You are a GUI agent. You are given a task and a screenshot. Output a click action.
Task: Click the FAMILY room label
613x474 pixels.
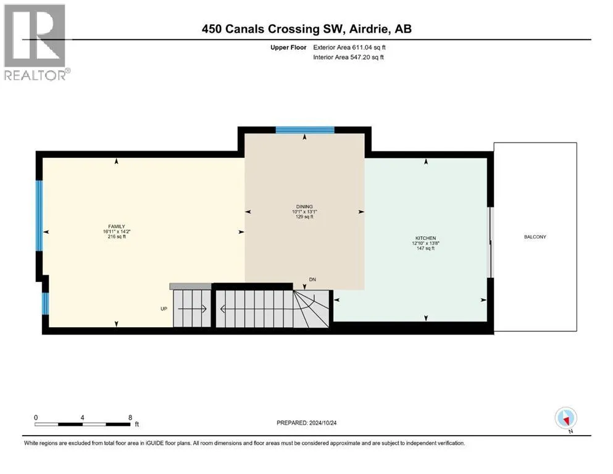click(117, 227)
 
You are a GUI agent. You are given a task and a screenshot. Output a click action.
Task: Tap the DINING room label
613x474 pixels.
click(304, 206)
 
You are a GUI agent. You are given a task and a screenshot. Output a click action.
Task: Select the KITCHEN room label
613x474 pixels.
click(426, 238)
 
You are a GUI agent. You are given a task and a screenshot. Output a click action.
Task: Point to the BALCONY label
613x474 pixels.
click(535, 237)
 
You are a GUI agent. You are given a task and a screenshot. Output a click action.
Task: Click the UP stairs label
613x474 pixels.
click(164, 309)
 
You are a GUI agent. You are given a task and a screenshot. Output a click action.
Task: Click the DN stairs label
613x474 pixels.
click(312, 280)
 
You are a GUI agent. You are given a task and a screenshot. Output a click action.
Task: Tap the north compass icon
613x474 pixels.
click(565, 418)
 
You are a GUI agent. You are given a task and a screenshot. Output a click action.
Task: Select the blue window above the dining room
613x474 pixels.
click(305, 130)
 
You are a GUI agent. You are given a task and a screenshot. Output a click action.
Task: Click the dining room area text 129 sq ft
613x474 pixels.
click(304, 217)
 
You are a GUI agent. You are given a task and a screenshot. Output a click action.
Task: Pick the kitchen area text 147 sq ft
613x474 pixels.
click(426, 248)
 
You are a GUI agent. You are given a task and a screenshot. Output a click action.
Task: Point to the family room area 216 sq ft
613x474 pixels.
click(117, 236)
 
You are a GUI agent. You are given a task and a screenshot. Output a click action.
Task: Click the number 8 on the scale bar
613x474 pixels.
click(130, 417)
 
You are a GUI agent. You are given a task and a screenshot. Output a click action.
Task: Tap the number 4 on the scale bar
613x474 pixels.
click(82, 417)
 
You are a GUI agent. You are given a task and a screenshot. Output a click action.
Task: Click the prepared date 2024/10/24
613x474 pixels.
click(323, 423)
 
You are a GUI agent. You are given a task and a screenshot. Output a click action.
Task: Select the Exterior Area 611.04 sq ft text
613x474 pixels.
click(349, 48)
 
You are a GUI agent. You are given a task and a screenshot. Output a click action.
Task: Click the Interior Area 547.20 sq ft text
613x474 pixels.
click(348, 57)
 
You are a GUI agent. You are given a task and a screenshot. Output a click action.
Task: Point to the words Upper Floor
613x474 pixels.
click(288, 48)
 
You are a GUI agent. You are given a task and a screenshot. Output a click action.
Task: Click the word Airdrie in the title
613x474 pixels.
click(369, 29)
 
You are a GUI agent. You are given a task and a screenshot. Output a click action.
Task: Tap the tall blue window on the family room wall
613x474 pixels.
click(39, 215)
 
